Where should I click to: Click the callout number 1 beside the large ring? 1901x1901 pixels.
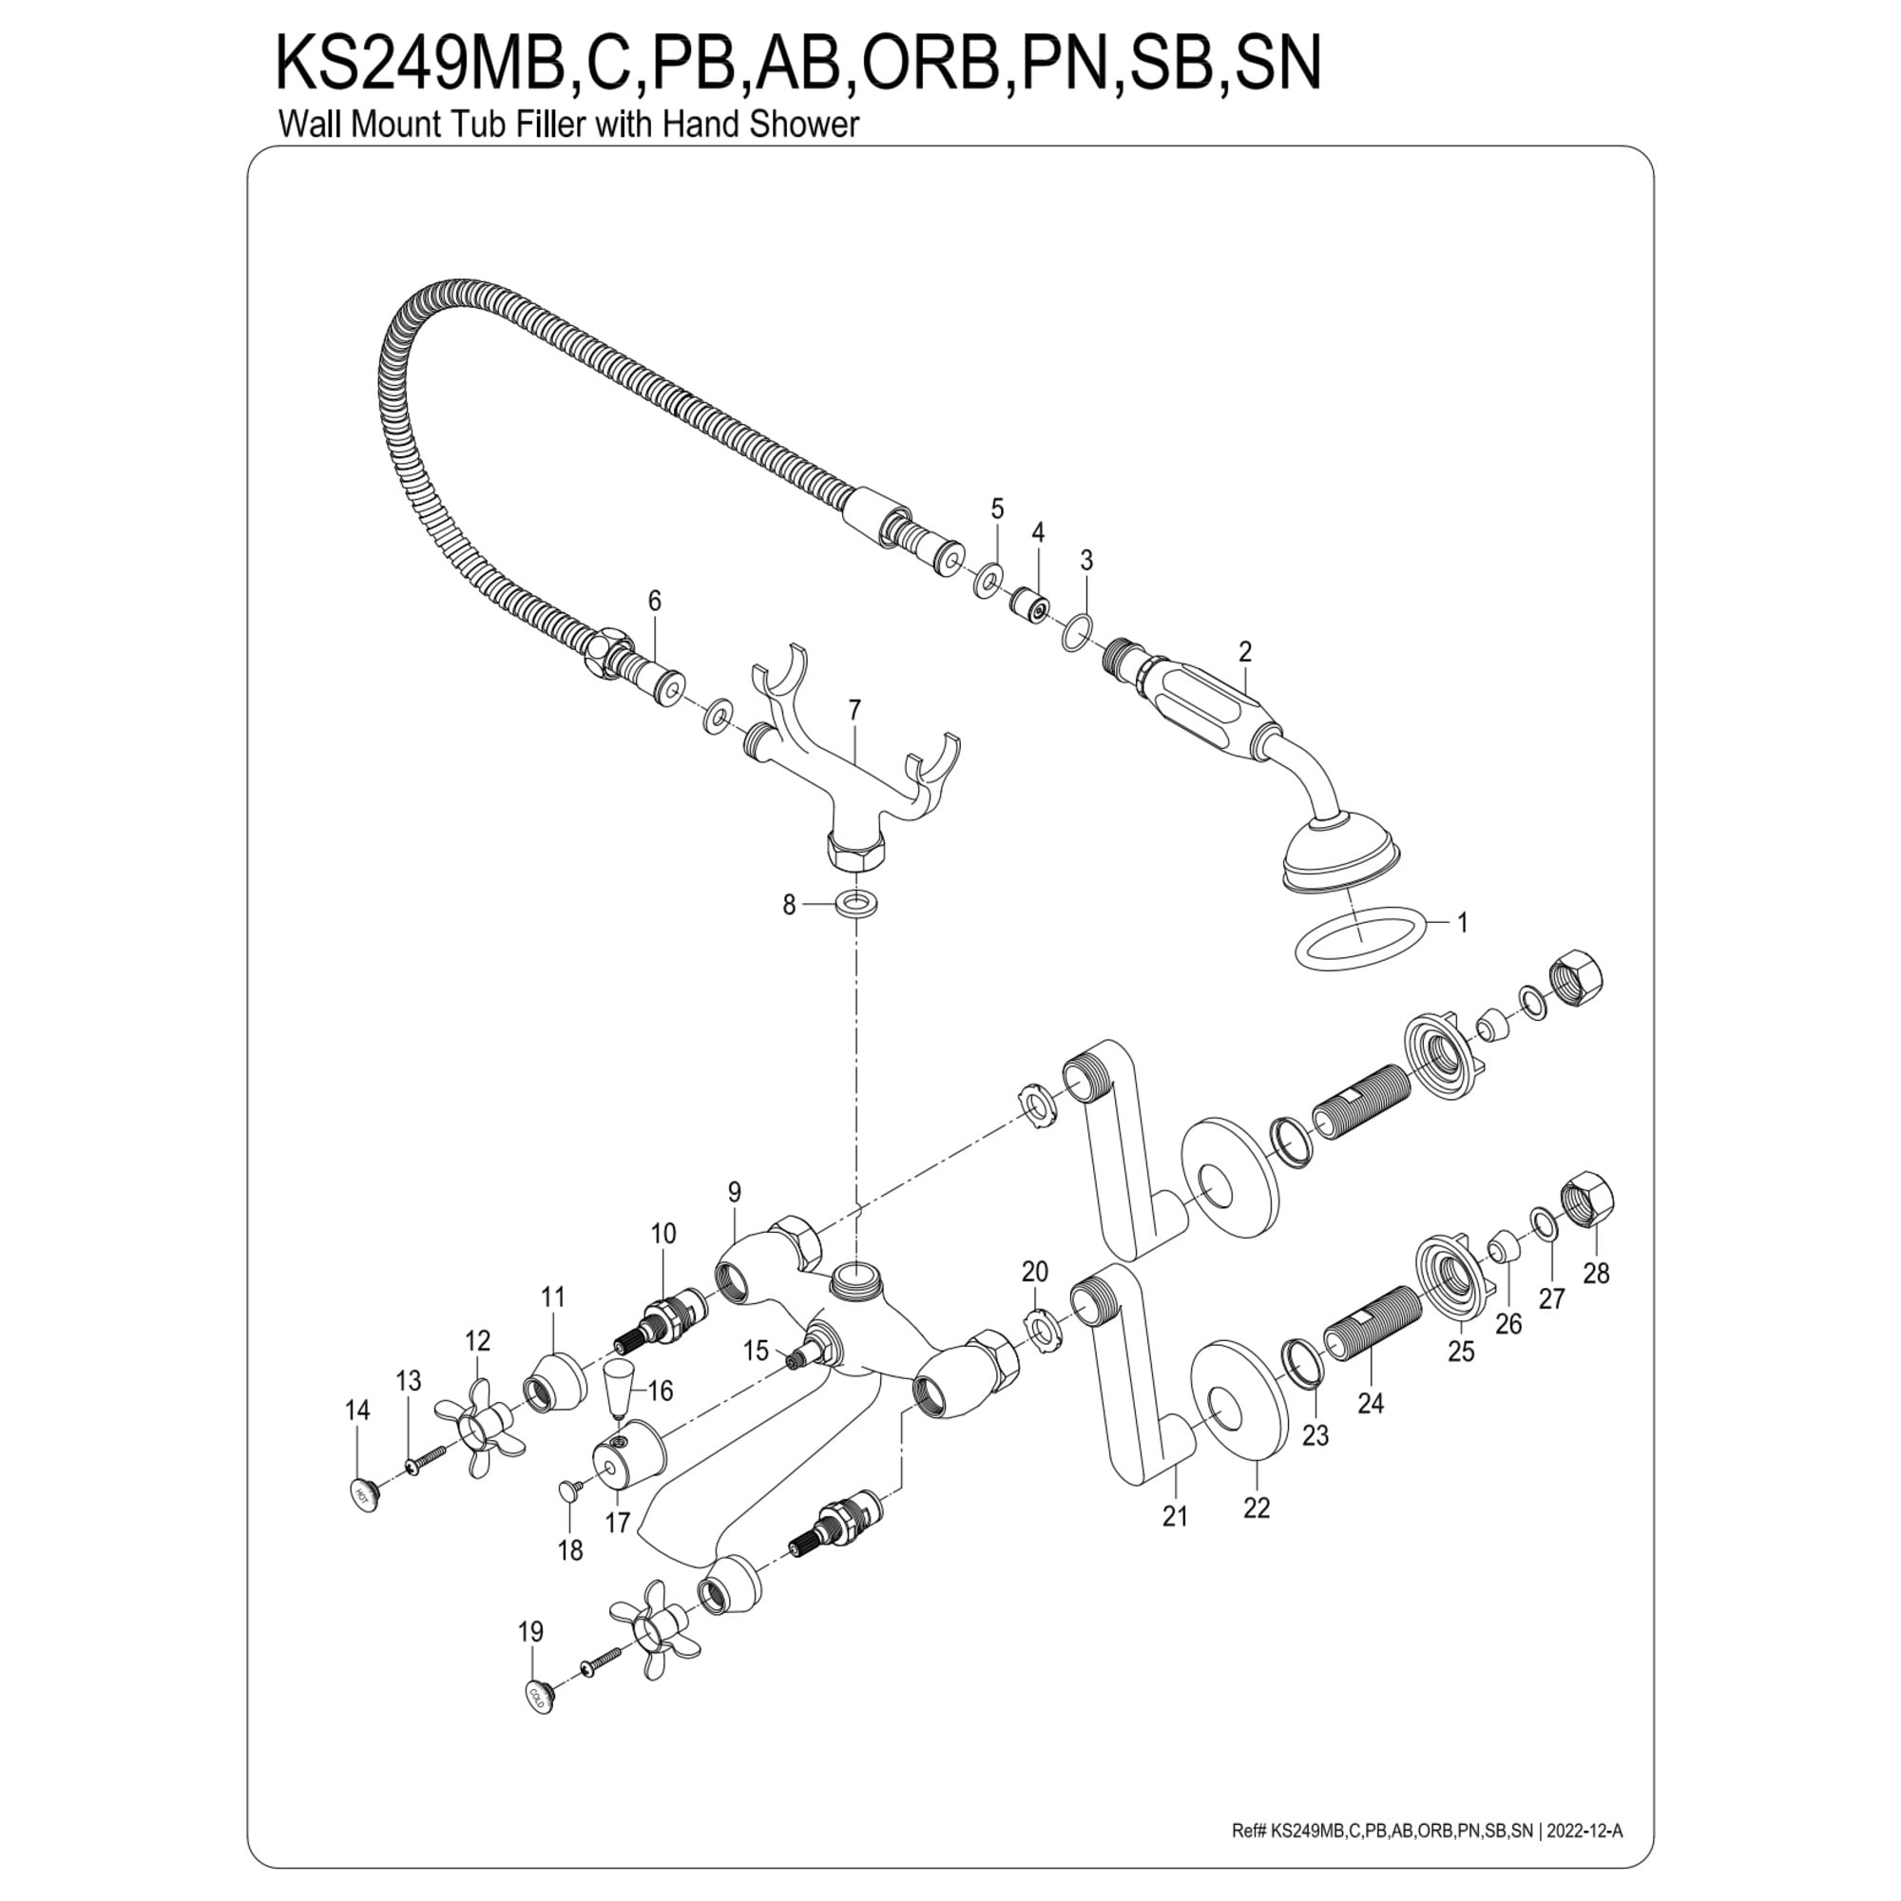[x=1462, y=923]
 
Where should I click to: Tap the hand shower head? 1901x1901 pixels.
[x=1338, y=851]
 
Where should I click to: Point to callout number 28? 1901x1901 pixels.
[x=1596, y=1274]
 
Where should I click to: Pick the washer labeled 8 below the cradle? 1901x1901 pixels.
[x=858, y=901]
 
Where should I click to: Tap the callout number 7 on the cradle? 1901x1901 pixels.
[x=854, y=709]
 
